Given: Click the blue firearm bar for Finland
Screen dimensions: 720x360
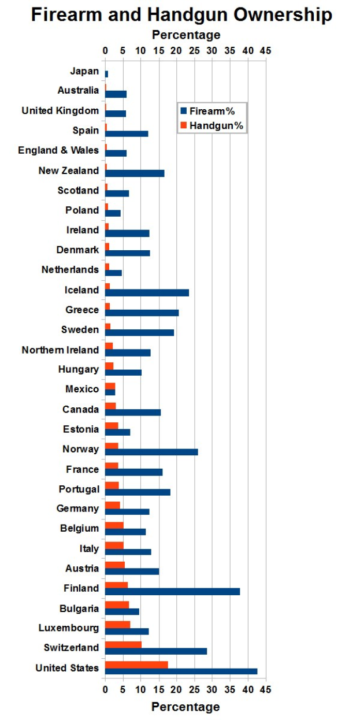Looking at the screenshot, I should [x=172, y=591].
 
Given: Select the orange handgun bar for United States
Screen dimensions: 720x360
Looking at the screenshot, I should [x=136, y=665].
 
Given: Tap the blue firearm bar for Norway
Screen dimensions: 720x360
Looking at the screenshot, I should [x=151, y=452].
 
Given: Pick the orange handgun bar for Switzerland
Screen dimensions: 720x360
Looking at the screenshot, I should [x=123, y=644].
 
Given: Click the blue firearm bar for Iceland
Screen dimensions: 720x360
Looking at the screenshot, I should [x=147, y=292].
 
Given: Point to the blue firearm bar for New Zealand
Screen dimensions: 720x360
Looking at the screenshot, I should [x=135, y=173].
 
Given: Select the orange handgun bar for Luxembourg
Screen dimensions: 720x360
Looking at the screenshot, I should [x=117, y=625].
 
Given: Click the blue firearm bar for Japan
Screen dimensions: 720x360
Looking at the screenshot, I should [x=106, y=74].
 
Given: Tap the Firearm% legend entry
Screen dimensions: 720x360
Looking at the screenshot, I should [x=211, y=111].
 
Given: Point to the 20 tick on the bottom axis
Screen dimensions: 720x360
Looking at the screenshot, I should [x=176, y=689].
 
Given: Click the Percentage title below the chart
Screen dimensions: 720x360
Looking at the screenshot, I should [x=185, y=707].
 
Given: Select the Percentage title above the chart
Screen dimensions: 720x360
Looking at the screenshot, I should [x=186, y=35].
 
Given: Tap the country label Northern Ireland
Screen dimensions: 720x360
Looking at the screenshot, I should [x=60, y=350].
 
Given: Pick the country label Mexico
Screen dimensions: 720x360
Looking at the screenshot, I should [x=82, y=389].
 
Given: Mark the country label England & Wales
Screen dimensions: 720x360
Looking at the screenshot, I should [x=58, y=150].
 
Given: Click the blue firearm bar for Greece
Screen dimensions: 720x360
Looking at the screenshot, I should [x=142, y=313].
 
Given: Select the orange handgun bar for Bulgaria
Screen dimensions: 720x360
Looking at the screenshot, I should [x=117, y=604].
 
